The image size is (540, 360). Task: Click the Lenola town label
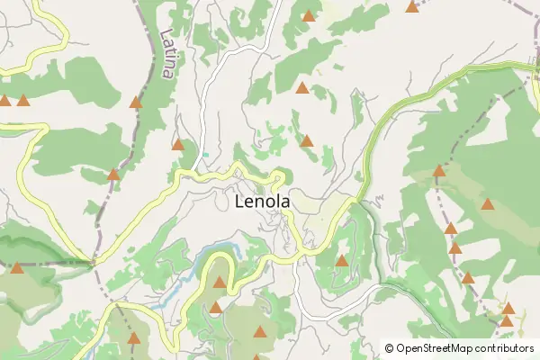pyautogui.click(x=262, y=202)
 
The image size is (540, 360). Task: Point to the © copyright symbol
pyautogui.click(x=389, y=348)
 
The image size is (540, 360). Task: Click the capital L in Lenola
pyautogui.click(x=239, y=202)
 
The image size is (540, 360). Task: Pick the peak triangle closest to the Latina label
pyautogui.click(x=136, y=103)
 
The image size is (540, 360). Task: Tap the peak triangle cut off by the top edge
pyautogui.click(x=412, y=6)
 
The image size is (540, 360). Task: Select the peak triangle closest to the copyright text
pyautogui.click(x=507, y=320)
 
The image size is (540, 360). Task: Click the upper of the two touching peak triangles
pyautogui.click(x=508, y=309)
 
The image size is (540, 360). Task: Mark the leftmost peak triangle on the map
pyautogui.click(x=4, y=101)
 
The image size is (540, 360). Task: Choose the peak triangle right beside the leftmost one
pyautogui.click(x=22, y=101)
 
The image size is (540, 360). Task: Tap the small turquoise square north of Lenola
pyautogui.click(x=205, y=155)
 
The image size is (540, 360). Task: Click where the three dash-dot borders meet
pyautogui.click(x=94, y=263)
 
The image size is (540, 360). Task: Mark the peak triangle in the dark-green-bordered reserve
pyautogui.click(x=17, y=267)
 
